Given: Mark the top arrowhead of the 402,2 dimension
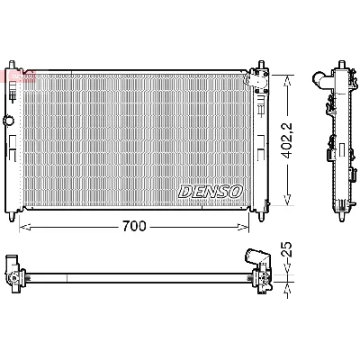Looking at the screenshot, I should (287, 76).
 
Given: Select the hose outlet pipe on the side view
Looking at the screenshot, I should (320, 82).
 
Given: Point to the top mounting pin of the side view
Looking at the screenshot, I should (343, 67).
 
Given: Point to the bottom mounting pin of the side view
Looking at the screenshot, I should (343, 216).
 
